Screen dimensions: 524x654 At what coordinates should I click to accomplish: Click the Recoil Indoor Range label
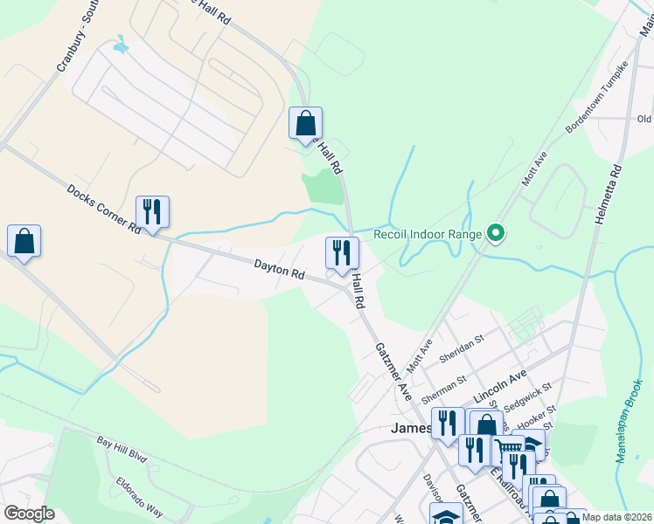pos(428,234)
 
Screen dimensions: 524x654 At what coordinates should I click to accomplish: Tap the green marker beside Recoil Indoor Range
pos(496,233)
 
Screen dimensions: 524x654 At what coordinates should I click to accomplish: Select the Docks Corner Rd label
pos(103,209)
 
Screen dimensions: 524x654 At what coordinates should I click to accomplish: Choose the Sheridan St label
pos(461,346)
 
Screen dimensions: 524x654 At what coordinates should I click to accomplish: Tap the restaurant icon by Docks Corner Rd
pos(152,211)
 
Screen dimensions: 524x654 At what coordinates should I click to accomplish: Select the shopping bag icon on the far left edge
pos(24,241)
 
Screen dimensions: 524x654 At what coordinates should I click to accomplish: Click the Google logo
pos(29,514)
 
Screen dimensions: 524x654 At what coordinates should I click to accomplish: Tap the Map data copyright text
pos(616,517)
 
